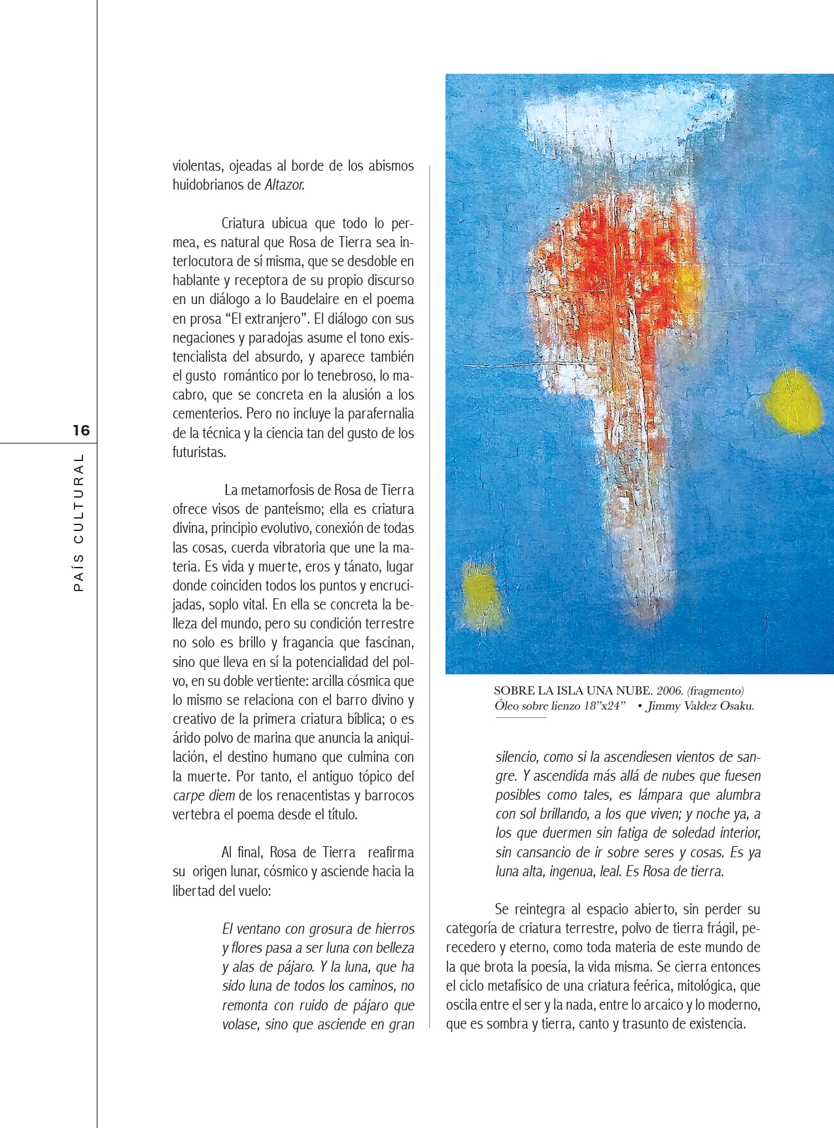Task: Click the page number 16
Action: click(81, 430)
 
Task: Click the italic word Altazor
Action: click(285, 185)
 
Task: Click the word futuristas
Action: click(199, 453)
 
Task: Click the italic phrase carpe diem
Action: click(203, 796)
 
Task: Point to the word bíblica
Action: click(355, 719)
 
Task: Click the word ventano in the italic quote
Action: click(260, 929)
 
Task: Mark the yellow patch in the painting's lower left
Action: click(480, 596)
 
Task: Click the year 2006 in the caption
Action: click(669, 691)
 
